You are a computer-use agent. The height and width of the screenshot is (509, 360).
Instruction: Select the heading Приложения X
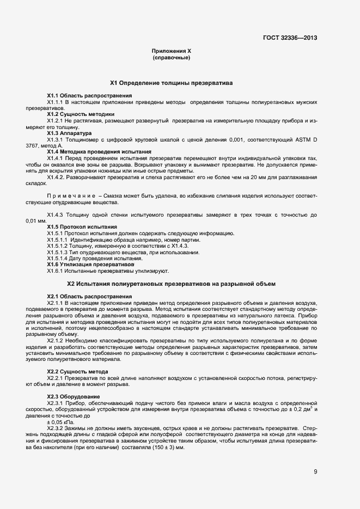pos(171,51)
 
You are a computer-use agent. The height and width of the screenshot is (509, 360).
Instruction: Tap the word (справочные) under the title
pos(171,57)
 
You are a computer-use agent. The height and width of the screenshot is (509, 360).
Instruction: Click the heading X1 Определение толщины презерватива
pos(171,83)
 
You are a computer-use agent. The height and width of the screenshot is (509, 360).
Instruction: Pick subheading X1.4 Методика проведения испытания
pos(99,151)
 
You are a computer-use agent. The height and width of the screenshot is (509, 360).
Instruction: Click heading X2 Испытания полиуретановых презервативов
pos(171,284)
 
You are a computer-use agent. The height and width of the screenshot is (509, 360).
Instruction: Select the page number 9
pos(315,471)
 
